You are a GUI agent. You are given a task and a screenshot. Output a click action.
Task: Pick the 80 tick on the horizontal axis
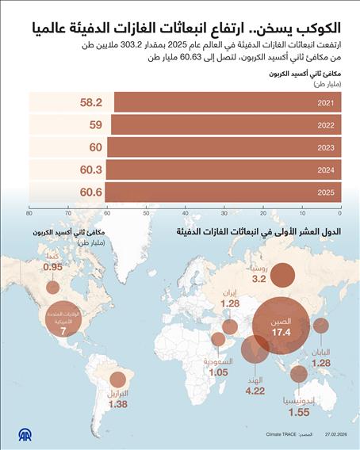(29, 212)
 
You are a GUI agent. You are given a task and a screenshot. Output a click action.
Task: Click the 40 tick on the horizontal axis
(185, 212)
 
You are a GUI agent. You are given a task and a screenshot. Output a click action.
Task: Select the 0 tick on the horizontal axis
(339, 212)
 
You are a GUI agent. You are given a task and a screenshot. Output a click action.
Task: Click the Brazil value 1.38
(118, 405)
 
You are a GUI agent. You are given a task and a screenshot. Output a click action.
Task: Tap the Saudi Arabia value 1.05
(219, 372)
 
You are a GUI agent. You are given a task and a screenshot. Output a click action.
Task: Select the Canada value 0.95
(52, 267)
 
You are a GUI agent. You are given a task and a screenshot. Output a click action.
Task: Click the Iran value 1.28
(230, 303)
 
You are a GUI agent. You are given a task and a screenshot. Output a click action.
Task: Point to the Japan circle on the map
(321, 326)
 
